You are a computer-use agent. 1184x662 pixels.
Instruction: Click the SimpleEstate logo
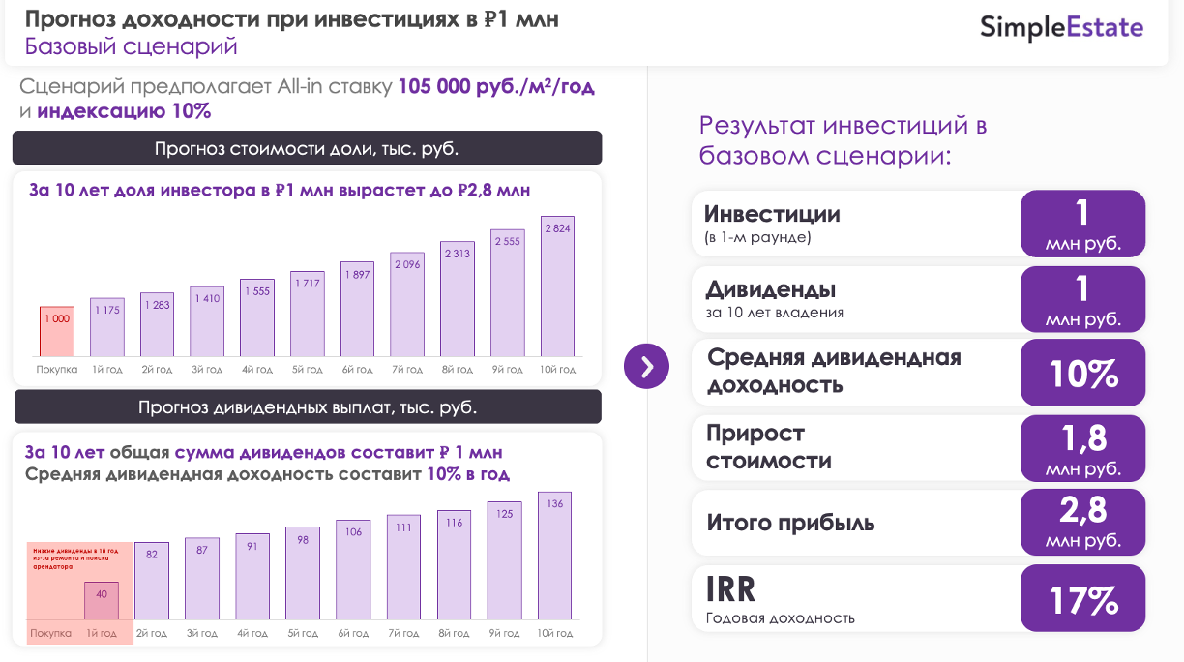1061,27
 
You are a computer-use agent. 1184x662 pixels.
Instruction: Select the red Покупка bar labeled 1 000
57,331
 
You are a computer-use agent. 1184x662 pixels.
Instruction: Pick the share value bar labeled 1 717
307,314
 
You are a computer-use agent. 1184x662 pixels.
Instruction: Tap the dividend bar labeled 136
555,556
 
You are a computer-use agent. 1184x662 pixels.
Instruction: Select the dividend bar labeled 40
102,600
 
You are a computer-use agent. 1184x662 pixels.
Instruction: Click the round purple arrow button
647,366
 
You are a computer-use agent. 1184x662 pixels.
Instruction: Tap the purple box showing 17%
1082,599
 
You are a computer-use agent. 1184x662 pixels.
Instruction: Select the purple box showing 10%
1082,373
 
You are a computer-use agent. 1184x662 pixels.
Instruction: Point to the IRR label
730,588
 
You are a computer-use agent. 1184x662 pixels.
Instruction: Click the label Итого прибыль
790,524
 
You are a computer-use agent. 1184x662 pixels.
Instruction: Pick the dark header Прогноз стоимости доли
307,148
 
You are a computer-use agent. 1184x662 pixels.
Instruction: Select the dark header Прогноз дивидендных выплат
307,407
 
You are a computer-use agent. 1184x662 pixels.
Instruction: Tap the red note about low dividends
74,558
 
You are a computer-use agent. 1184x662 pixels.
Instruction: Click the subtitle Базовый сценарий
131,46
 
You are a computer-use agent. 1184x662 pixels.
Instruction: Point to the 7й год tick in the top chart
406,370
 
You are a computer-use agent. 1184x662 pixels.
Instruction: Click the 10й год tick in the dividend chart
555,634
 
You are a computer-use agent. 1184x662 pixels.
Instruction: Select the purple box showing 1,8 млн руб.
1082,448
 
